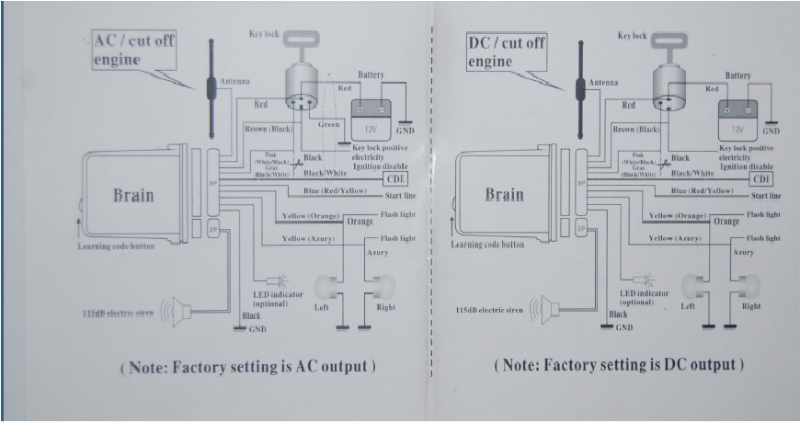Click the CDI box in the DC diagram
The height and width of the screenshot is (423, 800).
click(x=760, y=178)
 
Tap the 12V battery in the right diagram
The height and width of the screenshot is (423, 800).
click(x=737, y=120)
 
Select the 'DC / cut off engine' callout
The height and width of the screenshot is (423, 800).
click(x=503, y=51)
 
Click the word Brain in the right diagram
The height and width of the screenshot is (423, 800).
click(x=503, y=195)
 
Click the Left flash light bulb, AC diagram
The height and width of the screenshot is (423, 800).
click(x=324, y=286)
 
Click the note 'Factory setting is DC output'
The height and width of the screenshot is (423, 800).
click(x=617, y=366)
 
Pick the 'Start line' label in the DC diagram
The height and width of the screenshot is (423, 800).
click(x=765, y=196)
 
